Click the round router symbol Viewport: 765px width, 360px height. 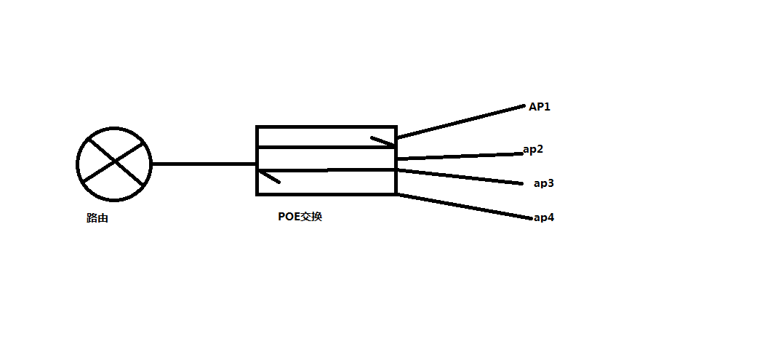tap(114, 164)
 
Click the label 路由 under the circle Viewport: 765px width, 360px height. tap(97, 218)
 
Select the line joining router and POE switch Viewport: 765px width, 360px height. tap(204, 164)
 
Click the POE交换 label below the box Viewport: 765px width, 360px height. tap(300, 216)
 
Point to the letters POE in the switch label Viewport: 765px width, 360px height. tap(289, 216)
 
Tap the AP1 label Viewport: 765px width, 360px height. tap(540, 107)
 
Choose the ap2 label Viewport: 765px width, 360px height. tap(533, 149)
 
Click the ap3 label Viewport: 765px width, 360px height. tap(544, 183)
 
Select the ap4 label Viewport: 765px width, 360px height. tap(544, 217)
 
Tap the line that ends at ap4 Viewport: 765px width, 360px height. tap(465, 206)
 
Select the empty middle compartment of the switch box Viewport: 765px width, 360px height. tap(326, 159)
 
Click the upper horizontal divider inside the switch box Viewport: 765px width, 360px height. tap(326, 148)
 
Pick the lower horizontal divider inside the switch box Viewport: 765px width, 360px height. tap(326, 170)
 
